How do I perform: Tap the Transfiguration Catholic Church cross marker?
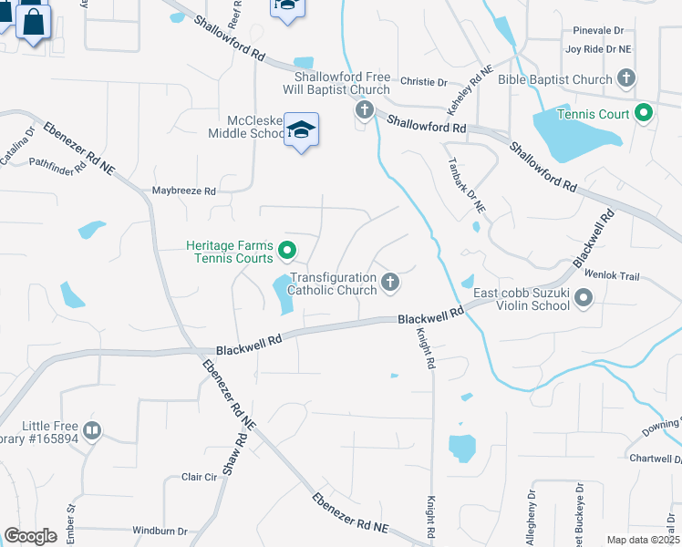[x=390, y=283]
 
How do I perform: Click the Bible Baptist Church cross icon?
[x=625, y=79]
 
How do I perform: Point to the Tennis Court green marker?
[x=644, y=114]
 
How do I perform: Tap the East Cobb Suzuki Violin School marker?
[x=584, y=298]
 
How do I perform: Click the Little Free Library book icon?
[x=91, y=429]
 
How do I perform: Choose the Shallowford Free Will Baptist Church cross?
[x=364, y=111]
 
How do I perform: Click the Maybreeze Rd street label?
[x=183, y=191]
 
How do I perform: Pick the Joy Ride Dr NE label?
[x=598, y=49]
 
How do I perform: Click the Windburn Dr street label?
[x=160, y=531]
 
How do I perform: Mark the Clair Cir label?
[x=199, y=477]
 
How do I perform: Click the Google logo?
[x=30, y=536]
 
